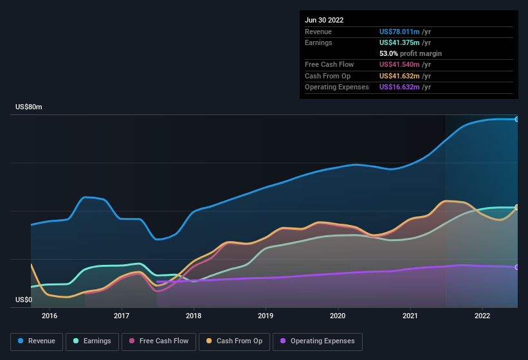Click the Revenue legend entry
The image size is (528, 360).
[37, 341]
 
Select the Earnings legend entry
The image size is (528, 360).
[92, 341]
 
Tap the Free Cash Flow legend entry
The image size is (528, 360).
[159, 341]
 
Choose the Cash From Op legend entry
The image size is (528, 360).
[234, 341]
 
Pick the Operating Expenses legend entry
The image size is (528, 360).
[318, 341]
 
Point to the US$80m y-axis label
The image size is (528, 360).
[29, 107]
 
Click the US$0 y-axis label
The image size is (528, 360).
[24, 300]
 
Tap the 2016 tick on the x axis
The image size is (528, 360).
[50, 316]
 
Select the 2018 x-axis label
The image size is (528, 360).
[194, 316]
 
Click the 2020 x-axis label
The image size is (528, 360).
[338, 316]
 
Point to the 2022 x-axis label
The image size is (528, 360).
[482, 316]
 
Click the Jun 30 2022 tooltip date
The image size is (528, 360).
[324, 20]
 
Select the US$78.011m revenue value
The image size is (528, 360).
[400, 32]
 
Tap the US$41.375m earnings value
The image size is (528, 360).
[400, 42]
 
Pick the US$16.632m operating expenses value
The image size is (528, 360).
[400, 87]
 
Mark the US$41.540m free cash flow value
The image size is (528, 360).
[400, 64]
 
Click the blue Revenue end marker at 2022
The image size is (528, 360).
[516, 119]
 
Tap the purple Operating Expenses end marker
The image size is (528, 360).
[516, 267]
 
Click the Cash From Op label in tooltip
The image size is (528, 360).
[327, 76]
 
